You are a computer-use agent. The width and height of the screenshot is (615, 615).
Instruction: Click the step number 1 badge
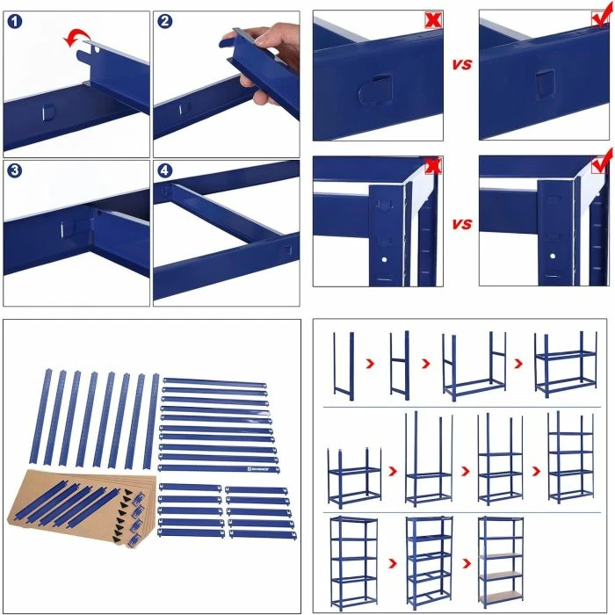pos(14,22)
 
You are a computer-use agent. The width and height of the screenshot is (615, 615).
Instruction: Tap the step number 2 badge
pos(164,22)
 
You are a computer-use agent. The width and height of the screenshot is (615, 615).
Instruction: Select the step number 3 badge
pos(14,170)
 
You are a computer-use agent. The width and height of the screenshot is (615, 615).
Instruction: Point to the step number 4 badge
pos(164,170)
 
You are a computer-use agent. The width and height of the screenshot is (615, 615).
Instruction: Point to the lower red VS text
pos(461,224)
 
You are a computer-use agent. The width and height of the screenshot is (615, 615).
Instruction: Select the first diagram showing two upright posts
pos(343,364)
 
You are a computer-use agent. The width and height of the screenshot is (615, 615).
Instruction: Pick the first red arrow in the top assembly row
pos(369,363)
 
